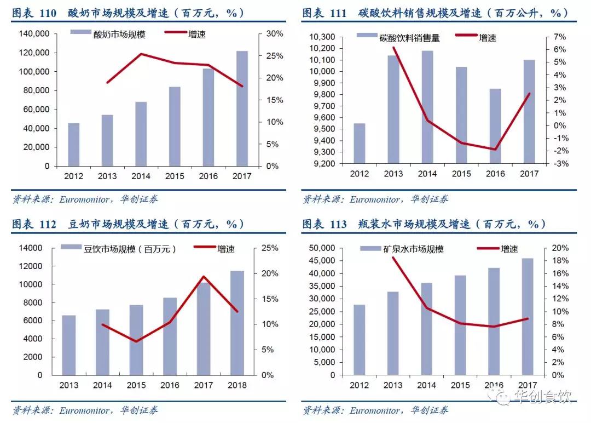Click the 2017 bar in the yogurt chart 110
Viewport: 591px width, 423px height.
242,108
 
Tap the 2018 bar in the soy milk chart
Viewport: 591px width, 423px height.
237,323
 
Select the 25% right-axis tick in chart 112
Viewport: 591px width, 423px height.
268,248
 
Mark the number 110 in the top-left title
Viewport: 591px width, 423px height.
47,13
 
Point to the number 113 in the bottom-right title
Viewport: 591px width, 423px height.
338,224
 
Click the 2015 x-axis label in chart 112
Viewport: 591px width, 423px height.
136,385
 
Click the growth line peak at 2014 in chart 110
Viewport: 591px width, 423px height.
141,54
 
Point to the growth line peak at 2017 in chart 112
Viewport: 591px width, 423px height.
204,277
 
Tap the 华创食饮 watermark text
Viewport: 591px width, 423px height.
542,396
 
